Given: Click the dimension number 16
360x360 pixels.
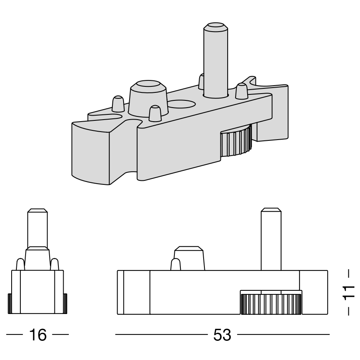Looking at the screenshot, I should click(x=38, y=334).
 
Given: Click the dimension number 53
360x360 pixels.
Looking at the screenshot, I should click(x=222, y=334).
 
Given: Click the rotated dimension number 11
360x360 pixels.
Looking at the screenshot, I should click(x=349, y=292).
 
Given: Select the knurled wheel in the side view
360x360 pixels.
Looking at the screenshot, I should click(x=271, y=304).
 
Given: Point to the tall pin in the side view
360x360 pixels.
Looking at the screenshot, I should click(x=270, y=240).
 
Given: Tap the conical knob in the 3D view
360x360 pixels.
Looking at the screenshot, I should click(x=148, y=98).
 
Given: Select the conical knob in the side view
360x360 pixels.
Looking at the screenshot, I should click(x=189, y=258).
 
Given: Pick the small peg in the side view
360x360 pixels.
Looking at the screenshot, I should click(x=175, y=264).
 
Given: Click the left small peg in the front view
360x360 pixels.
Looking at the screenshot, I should click(x=20, y=264).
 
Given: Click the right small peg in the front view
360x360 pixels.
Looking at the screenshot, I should click(x=55, y=264).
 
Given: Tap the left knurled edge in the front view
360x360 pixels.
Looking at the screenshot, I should click(x=10, y=304).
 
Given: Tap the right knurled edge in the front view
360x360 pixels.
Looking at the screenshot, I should click(x=65, y=304).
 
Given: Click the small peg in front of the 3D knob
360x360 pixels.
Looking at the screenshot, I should click(x=155, y=113).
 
